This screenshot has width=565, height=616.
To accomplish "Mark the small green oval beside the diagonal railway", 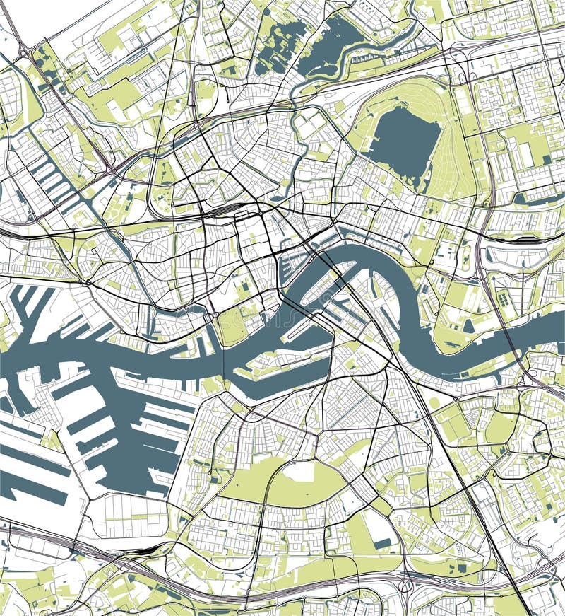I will tap(434, 402).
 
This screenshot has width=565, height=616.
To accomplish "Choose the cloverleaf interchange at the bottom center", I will tap(406, 584).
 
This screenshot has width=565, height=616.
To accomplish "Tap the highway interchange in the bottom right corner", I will tap(547, 569).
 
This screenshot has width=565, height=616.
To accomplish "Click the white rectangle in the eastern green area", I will tap(526, 152).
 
